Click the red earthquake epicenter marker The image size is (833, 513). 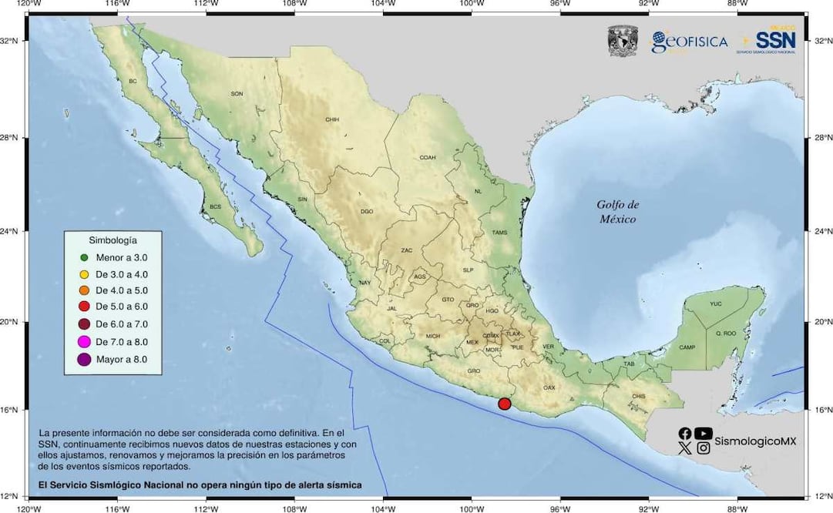coord(505,404)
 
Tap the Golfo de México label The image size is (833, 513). coord(618,212)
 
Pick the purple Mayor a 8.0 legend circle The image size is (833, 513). coord(85,359)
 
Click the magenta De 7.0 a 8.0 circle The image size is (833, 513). coord(85,342)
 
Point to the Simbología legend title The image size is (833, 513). coord(113,240)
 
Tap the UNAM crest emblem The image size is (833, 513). coord(623,41)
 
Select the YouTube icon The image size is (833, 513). coord(703,434)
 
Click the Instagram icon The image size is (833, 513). coord(703,448)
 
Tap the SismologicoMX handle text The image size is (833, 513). coord(754,441)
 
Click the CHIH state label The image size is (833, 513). coord(332,119)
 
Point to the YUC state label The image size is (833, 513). coord(716,304)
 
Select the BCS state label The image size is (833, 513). coord(215,207)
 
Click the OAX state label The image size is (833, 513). coord(549,387)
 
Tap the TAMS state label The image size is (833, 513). coord(499,233)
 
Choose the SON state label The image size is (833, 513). coord(237,94)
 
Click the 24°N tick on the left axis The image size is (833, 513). coord(14,231)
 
